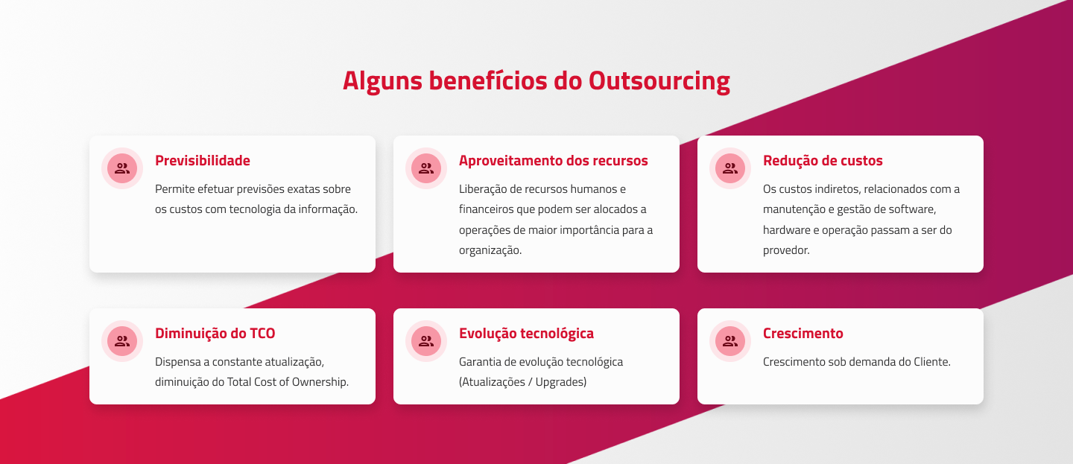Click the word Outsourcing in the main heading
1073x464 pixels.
coord(659,81)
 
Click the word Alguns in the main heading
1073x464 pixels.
coord(382,81)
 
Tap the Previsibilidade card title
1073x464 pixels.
coord(202,160)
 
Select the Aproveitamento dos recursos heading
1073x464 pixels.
coord(553,160)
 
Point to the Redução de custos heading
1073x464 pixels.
coord(823,160)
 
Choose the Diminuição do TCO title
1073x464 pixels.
coord(215,333)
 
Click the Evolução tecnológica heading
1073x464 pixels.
coord(526,333)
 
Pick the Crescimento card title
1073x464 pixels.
coord(803,333)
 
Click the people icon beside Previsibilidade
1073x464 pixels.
coord(122,168)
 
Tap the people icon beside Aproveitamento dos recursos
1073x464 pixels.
coord(426,168)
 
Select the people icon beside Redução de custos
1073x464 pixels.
coord(730,168)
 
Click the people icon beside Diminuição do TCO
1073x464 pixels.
coord(122,341)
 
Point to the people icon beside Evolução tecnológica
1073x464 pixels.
coord(426,341)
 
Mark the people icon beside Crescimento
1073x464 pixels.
coord(730,341)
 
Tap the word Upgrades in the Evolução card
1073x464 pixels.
coord(561,382)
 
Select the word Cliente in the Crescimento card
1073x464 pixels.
coord(932,361)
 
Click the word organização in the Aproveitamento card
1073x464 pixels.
coord(490,250)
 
